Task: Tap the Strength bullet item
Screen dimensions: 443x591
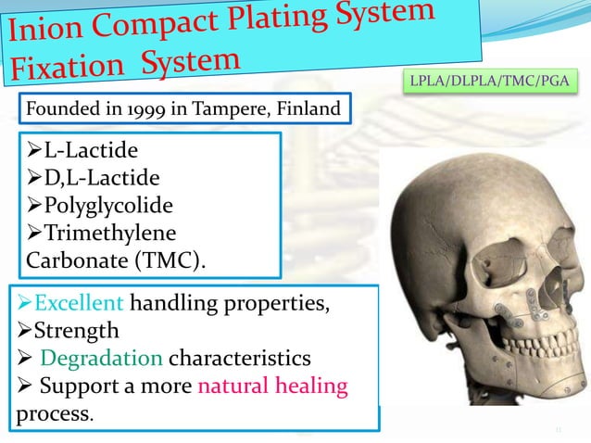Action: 73,328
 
